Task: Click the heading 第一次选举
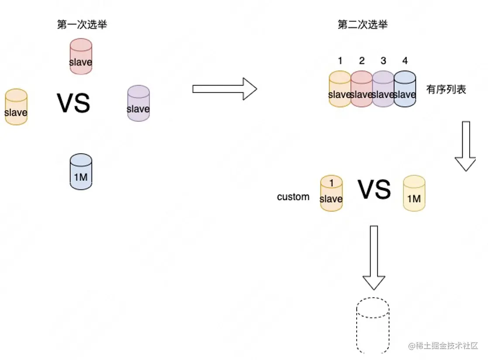82,25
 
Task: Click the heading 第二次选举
363,25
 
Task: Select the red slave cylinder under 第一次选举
81,56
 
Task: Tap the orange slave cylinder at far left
16,107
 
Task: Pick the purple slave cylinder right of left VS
138,104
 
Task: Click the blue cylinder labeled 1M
81,172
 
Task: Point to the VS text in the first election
73,103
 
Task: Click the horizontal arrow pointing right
224,89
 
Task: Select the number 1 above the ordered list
340,61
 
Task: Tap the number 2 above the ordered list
362,61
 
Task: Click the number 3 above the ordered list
383,61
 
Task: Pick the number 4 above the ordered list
405,61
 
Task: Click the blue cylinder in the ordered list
405,89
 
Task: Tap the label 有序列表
446,90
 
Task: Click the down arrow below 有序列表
465,146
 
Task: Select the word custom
293,197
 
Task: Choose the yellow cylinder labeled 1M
414,194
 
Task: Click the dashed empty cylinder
373,325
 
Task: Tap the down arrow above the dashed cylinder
374,258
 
